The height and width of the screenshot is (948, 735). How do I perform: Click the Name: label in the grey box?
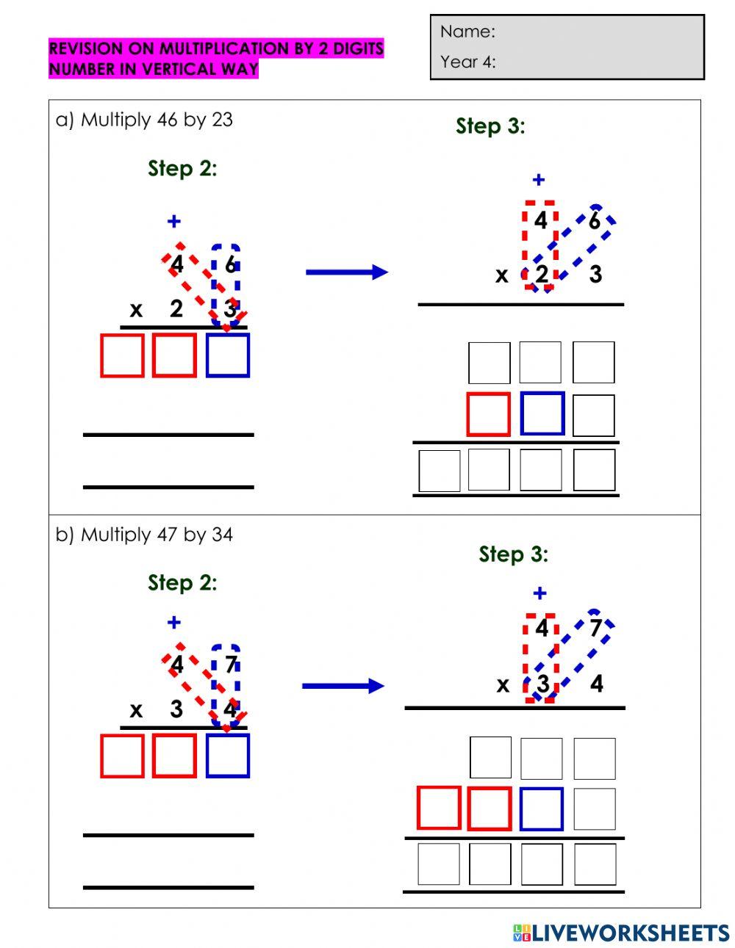point(467,32)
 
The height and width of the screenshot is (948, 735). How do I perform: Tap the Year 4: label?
point(468,62)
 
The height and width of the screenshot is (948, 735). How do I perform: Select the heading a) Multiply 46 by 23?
point(144,120)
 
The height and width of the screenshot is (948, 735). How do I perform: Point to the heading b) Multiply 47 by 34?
point(144,535)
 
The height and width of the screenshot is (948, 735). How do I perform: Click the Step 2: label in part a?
point(182,168)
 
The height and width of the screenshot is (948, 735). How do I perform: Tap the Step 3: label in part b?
point(513,554)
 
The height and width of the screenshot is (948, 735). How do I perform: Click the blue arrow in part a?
point(346,272)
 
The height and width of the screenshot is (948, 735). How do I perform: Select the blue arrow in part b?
point(343,687)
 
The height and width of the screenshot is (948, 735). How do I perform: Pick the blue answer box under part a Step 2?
point(228,355)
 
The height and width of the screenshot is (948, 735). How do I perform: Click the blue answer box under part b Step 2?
point(228,756)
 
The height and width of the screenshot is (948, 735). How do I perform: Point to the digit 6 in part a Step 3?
point(594,220)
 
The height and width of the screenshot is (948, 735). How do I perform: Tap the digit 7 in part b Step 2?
point(231,665)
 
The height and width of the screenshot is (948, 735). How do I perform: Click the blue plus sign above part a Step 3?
point(539,180)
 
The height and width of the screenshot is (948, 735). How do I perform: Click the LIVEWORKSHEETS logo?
point(621,933)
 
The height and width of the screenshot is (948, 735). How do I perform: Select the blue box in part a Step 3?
point(542,413)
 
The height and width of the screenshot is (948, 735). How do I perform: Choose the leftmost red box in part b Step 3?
point(439,808)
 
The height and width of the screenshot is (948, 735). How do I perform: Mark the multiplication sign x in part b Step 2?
point(136,711)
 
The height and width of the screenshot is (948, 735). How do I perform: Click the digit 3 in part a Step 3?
point(595,275)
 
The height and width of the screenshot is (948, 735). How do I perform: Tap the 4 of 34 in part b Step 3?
point(596,684)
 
